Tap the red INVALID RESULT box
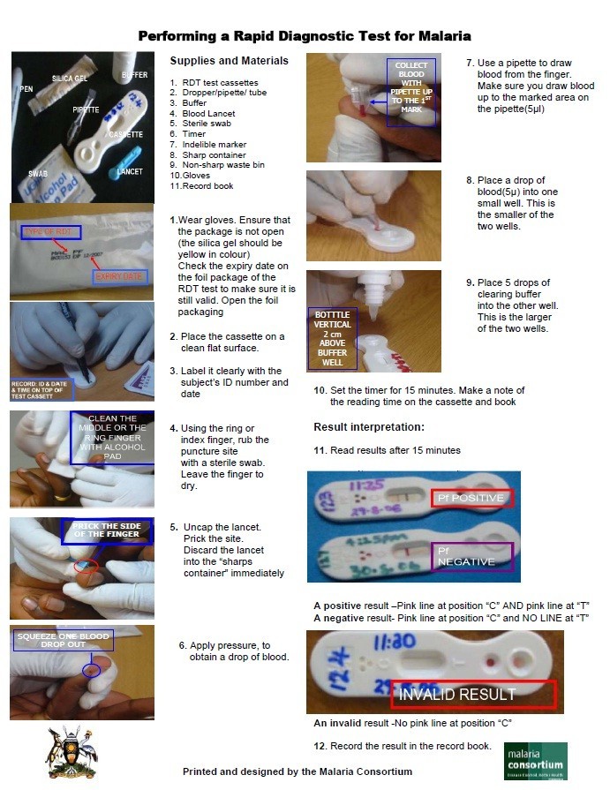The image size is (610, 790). click(474, 694)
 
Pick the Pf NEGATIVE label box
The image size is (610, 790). click(471, 556)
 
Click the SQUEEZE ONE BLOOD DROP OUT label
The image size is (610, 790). click(63, 641)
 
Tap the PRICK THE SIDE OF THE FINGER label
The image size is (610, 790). click(94, 530)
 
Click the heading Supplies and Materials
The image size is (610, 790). click(229, 61)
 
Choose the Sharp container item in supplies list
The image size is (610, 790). click(213, 154)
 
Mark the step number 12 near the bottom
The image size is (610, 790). click(320, 746)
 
